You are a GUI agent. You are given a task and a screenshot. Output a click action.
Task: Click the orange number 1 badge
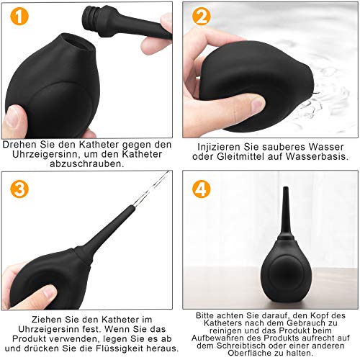coord(19,16)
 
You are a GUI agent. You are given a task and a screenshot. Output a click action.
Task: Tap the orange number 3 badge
coord(19,189)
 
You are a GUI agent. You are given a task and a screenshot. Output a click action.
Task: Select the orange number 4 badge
coord(202,189)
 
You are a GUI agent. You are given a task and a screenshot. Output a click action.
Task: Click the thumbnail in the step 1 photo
coord(14,117)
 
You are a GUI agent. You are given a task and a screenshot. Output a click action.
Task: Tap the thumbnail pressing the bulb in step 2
coord(257,104)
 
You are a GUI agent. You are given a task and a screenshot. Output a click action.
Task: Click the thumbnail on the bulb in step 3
coord(50,293)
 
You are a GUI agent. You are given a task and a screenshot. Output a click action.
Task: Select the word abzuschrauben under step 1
coord(87,163)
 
